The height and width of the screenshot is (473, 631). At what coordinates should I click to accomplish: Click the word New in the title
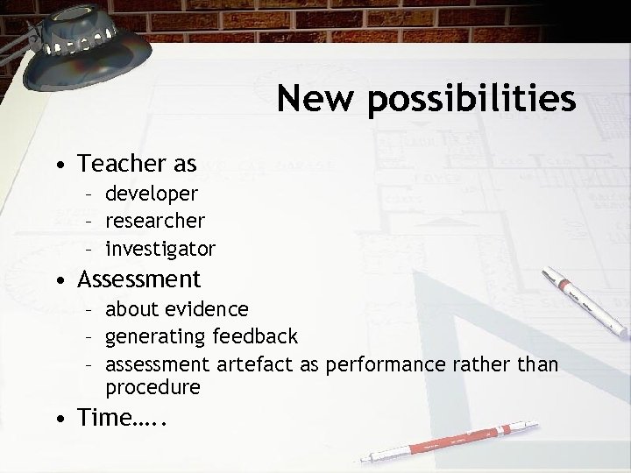pyautogui.click(x=317, y=99)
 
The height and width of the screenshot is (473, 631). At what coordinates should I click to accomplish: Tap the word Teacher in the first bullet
pyautogui.click(x=121, y=163)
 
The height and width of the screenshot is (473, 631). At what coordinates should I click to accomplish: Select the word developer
pyautogui.click(x=152, y=193)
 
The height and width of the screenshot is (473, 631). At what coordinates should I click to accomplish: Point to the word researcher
pyautogui.click(x=156, y=221)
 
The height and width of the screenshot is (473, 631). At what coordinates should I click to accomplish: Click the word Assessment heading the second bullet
pyautogui.click(x=139, y=279)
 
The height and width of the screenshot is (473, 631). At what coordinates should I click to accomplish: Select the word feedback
pyautogui.click(x=254, y=336)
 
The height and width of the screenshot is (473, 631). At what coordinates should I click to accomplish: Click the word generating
pyautogui.click(x=155, y=337)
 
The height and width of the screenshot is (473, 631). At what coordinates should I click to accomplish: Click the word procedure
pyautogui.click(x=152, y=386)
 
